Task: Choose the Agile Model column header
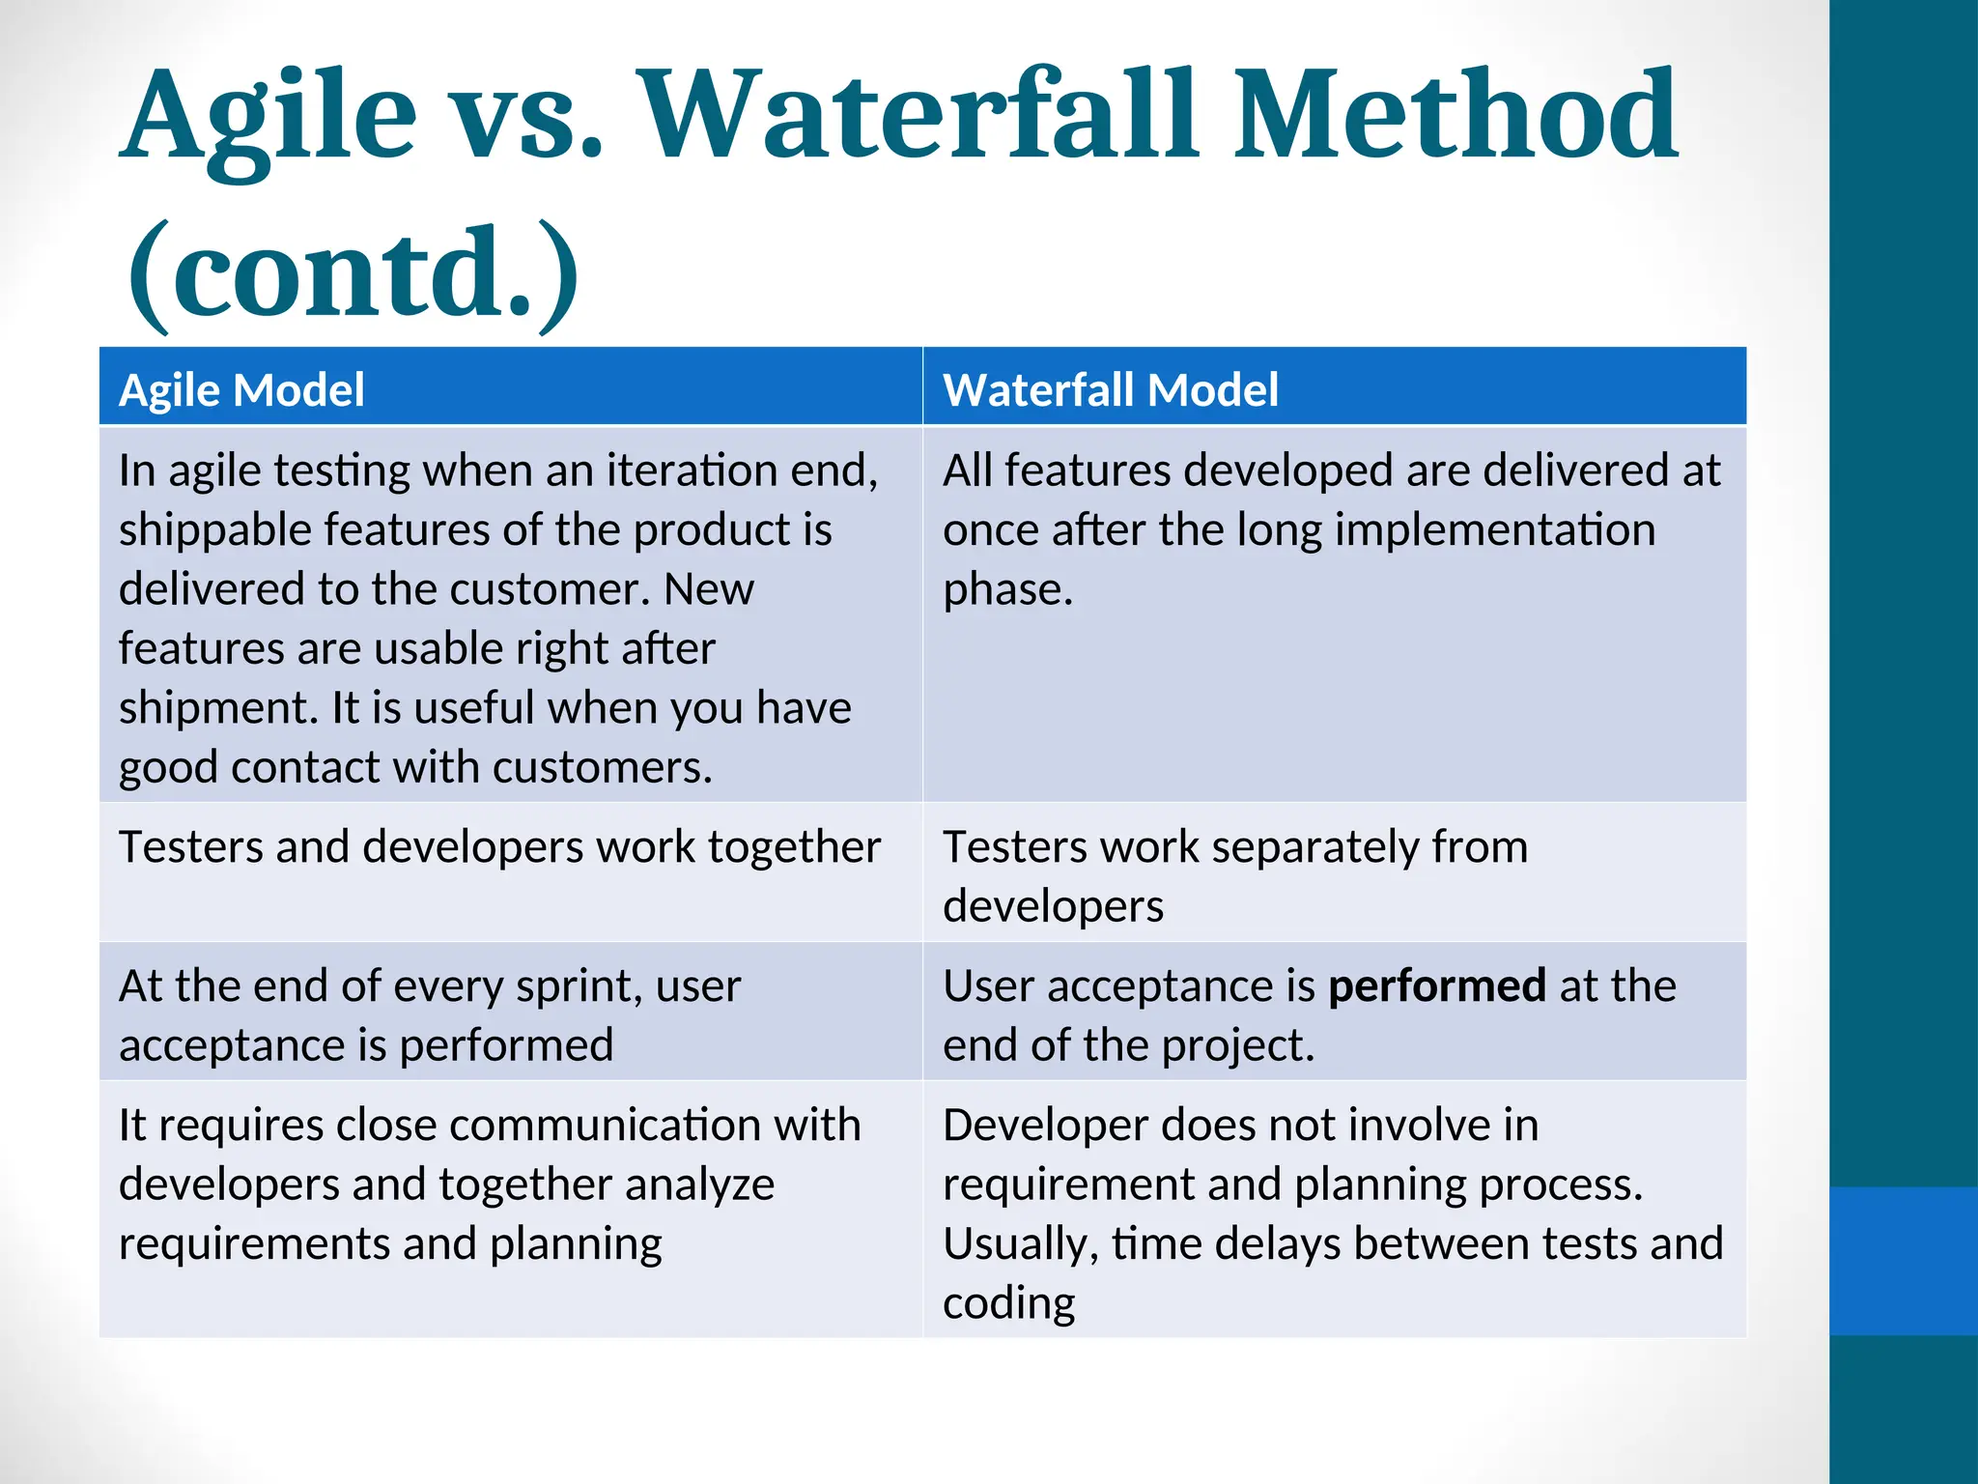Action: (x=241, y=390)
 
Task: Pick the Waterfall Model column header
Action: (x=1110, y=390)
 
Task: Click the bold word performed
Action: (x=1437, y=986)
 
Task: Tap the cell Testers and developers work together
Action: (x=499, y=847)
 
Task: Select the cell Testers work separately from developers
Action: (x=1235, y=875)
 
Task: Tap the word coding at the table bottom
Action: (x=1008, y=1303)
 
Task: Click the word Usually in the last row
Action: (x=1020, y=1244)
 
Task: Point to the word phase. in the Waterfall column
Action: (x=1007, y=590)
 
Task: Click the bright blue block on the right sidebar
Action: (x=1903, y=1261)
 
